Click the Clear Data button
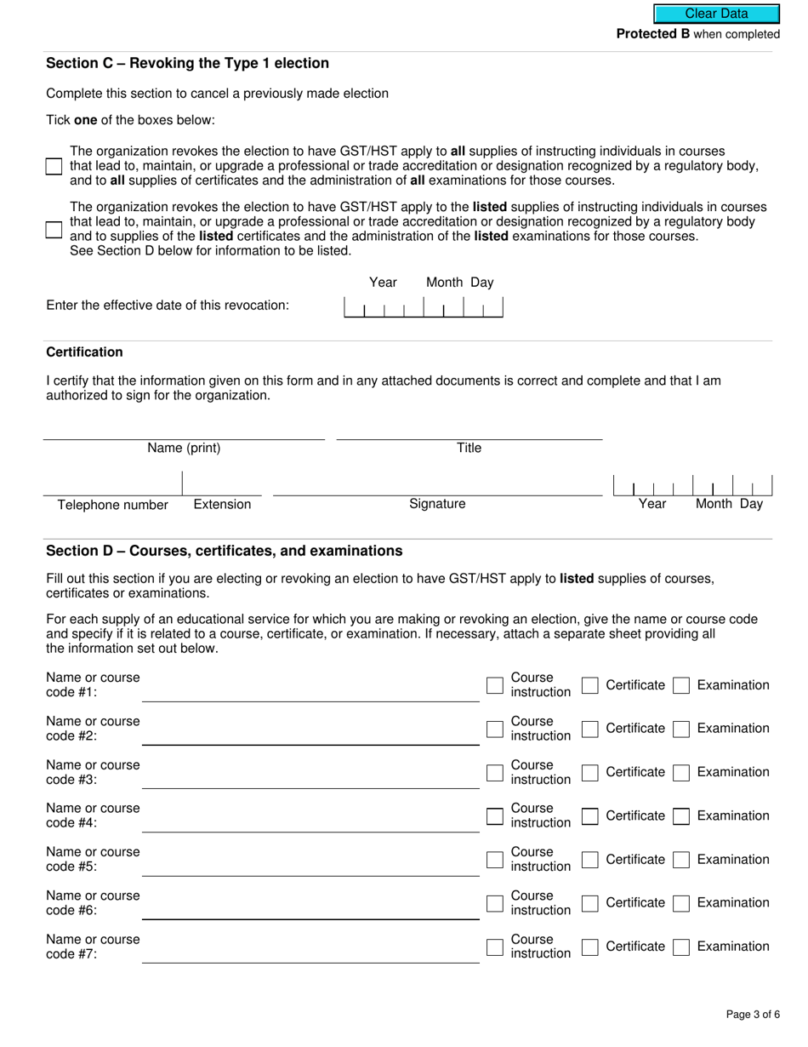click(x=716, y=14)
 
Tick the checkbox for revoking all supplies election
click(x=54, y=166)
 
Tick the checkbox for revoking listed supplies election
click(x=54, y=229)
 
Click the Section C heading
click(x=187, y=63)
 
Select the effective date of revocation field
click(x=423, y=306)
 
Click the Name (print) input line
click(x=184, y=430)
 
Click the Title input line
click(x=469, y=430)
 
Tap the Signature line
click(x=437, y=485)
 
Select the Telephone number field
click(x=112, y=485)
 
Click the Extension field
click(x=222, y=485)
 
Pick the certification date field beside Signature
click(x=692, y=485)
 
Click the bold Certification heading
click(x=84, y=352)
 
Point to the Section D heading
click(x=224, y=551)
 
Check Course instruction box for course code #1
click(x=495, y=685)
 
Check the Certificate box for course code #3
click(x=590, y=772)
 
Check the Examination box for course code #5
click(x=680, y=860)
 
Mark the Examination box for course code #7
click(x=680, y=947)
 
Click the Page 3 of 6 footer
click(x=752, y=1014)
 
